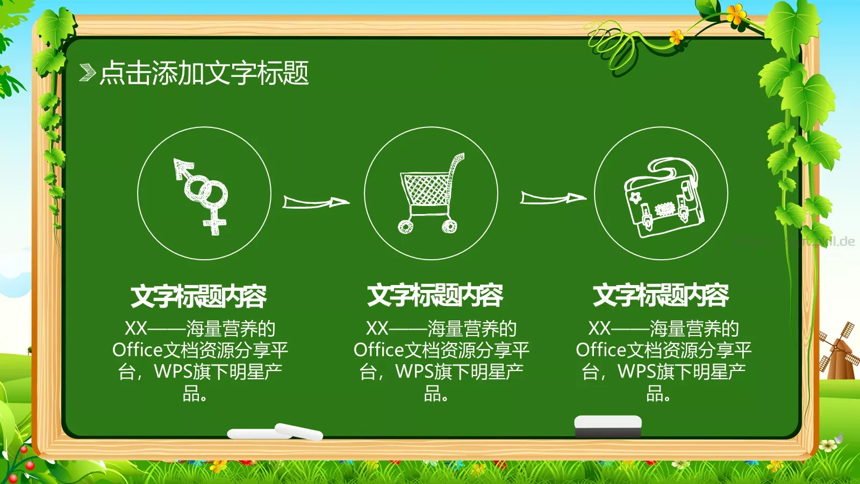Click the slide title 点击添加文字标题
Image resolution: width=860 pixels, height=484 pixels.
[204, 73]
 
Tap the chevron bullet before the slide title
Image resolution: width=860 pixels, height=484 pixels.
[87, 73]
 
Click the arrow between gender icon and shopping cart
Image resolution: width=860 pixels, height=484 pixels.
[316, 202]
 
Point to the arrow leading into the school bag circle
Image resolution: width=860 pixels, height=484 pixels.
[553, 198]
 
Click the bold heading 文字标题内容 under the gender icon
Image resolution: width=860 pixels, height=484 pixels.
[198, 296]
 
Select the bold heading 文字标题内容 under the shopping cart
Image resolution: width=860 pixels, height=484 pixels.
[435, 295]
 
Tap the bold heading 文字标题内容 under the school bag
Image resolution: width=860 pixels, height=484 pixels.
[661, 295]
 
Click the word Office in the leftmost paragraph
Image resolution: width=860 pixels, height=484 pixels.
[137, 350]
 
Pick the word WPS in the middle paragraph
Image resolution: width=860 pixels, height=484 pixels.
[414, 372]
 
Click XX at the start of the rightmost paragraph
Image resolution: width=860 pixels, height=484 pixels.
[599, 328]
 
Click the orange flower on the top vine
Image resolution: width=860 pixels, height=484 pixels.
[736, 13]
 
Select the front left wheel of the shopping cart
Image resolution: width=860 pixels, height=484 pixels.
[406, 226]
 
